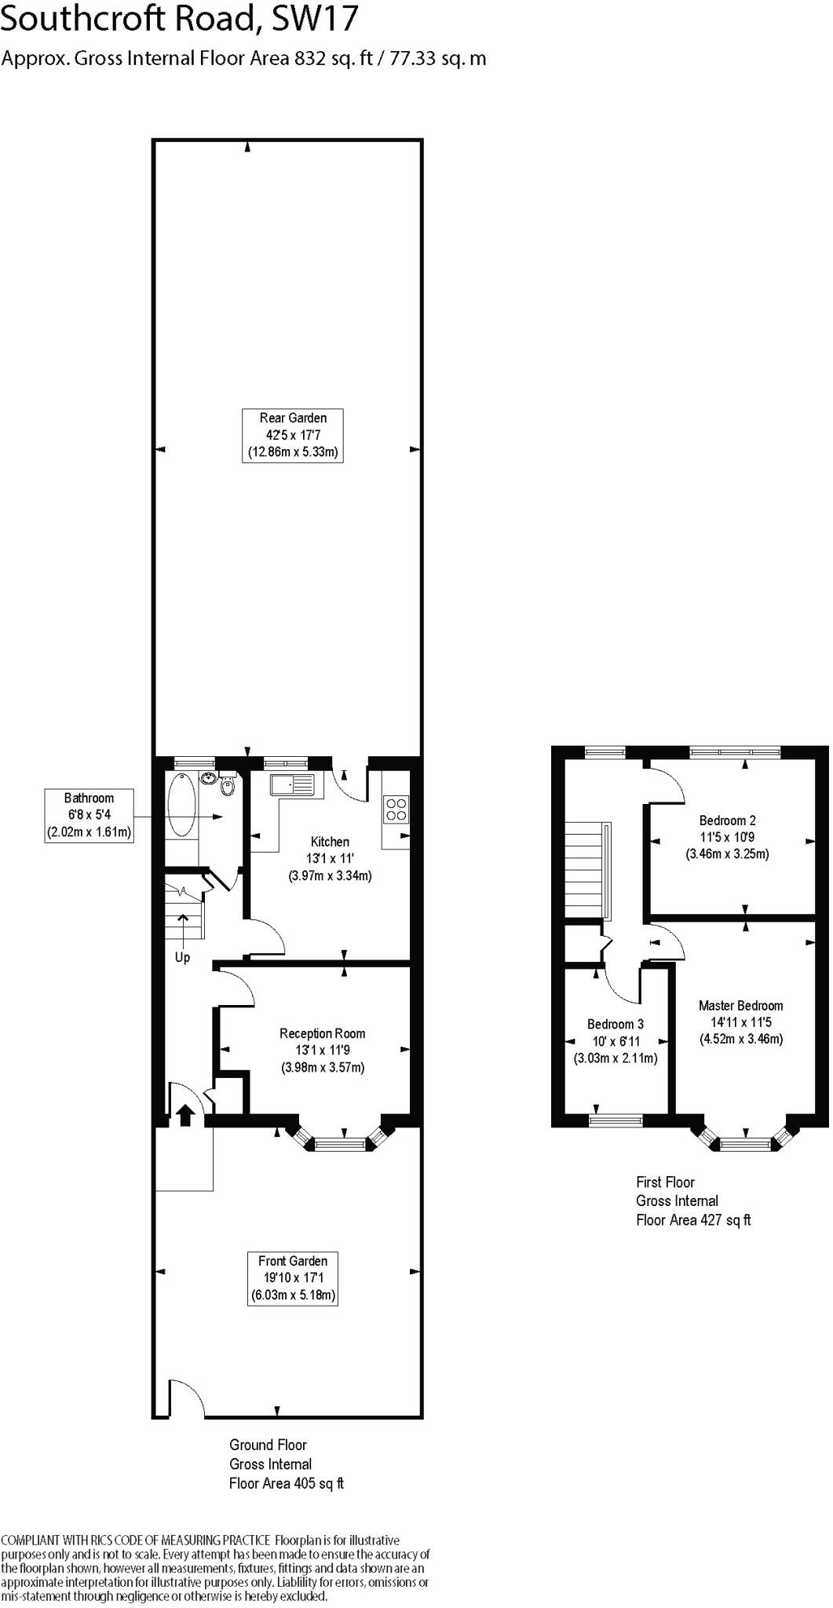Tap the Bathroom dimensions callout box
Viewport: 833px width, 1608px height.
click(x=89, y=816)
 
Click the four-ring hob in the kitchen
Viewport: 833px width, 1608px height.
click(x=396, y=809)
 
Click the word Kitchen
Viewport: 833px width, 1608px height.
click(x=330, y=842)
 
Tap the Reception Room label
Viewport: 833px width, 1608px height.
click(x=322, y=1033)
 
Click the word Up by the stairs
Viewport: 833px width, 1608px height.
click(x=182, y=958)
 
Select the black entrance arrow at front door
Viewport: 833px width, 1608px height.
click(x=185, y=1115)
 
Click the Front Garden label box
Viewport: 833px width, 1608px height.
click(x=293, y=1277)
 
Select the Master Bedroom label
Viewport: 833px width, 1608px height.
click(x=740, y=1006)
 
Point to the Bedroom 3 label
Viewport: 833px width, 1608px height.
click(x=616, y=1025)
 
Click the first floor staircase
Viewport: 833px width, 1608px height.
click(x=585, y=869)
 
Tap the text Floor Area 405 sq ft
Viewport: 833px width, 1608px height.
click(x=287, y=1483)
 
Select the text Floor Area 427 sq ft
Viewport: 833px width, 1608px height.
click(x=693, y=1220)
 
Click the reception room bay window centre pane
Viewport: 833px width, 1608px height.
click(x=341, y=1146)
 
